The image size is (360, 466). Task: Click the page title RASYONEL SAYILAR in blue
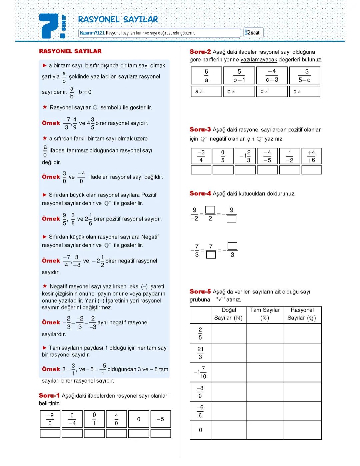pyautogui.click(x=118, y=19)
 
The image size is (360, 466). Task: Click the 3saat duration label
pyautogui.click(x=253, y=32)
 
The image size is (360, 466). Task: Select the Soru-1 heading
pyautogui.click(x=49, y=396)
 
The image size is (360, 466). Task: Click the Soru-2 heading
pyautogui.click(x=200, y=52)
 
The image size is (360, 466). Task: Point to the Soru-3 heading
pyautogui.click(x=200, y=129)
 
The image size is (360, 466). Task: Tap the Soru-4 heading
pyautogui.click(x=200, y=193)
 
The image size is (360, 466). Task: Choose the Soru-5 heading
pyautogui.click(x=200, y=292)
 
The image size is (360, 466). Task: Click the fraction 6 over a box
pyautogui.click(x=206, y=76)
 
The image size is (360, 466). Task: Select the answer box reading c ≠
pyautogui.click(x=272, y=91)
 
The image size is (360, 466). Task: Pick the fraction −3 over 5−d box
pyautogui.click(x=304, y=76)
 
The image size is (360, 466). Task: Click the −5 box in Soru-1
pyautogui.click(x=160, y=419)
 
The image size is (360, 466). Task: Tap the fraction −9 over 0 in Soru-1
pyautogui.click(x=50, y=419)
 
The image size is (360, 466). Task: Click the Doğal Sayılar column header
pyautogui.click(x=229, y=314)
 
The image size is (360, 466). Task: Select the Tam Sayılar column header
pyautogui.click(x=265, y=314)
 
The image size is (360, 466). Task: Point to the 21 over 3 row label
pyautogui.click(x=200, y=353)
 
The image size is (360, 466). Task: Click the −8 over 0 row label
pyautogui.click(x=200, y=392)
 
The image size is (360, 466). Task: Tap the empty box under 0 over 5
pyautogui.click(x=223, y=170)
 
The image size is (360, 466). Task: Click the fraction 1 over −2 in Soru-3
pyautogui.click(x=289, y=156)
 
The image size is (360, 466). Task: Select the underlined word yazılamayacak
pyautogui.click(x=259, y=60)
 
